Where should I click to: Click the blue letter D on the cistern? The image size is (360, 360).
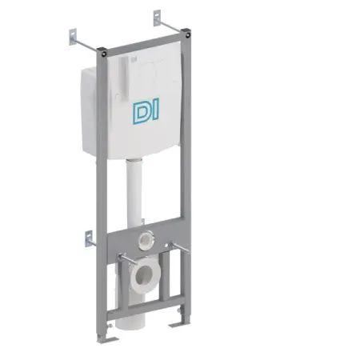point(141,113)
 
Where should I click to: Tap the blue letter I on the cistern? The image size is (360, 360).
point(155,108)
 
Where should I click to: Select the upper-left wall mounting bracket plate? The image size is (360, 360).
point(73,37)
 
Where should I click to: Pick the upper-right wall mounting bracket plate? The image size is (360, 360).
point(157,18)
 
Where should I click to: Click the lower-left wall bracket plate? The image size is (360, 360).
point(89,238)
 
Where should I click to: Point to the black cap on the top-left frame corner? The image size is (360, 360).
point(102,51)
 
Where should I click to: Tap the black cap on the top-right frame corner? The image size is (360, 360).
point(186,33)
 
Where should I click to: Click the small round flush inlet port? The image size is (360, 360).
point(146,240)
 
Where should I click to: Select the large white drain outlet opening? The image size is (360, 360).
point(145,275)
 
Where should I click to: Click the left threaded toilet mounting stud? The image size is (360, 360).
point(127,258)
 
